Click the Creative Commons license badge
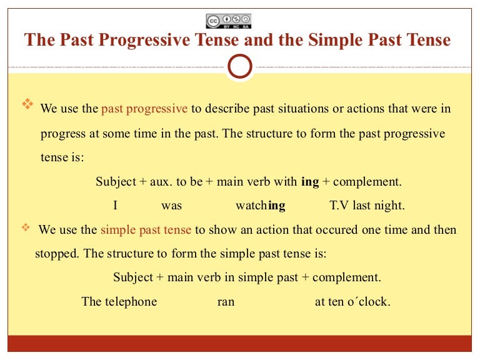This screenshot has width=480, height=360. (228, 21)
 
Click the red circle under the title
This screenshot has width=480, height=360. (241, 66)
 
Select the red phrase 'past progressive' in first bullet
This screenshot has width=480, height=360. (144, 109)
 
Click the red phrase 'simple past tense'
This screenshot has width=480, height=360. (146, 229)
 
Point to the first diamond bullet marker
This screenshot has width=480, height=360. (27, 105)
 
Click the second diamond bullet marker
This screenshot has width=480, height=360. (26, 227)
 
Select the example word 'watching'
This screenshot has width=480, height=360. (260, 205)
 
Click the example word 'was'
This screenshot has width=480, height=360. (171, 205)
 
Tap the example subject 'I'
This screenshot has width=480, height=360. (115, 205)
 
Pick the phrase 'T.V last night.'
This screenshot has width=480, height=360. (367, 205)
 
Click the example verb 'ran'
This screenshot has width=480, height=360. (226, 302)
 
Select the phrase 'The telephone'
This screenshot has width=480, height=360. (119, 302)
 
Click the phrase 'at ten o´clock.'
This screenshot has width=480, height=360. (352, 302)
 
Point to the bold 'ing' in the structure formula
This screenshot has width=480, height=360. (310, 182)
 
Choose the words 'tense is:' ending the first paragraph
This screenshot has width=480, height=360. (62, 157)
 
